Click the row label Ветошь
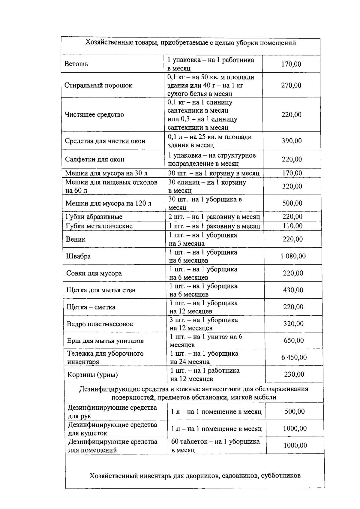coord(76,64)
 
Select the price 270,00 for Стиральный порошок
coord(291,85)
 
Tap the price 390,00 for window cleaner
coord(291,141)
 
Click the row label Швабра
coord(78,256)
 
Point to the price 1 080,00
coord(293,256)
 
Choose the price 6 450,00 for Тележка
coord(294,357)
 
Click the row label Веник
coord(76,239)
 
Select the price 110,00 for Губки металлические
coord(292,226)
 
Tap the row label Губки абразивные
coord(94,217)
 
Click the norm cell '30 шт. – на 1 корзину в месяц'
coord(214,173)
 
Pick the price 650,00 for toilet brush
coord(294,340)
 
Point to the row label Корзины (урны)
coord(92,375)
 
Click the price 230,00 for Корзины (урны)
coord(294,374)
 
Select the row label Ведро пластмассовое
coord(100,324)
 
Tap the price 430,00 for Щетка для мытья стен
coord(293,290)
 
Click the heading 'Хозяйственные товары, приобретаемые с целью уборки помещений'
coord(190,43)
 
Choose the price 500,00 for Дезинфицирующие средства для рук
coord(295,411)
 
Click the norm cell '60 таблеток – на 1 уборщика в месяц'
coord(215,445)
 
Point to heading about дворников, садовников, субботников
coord(195,476)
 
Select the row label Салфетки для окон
coord(94,159)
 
